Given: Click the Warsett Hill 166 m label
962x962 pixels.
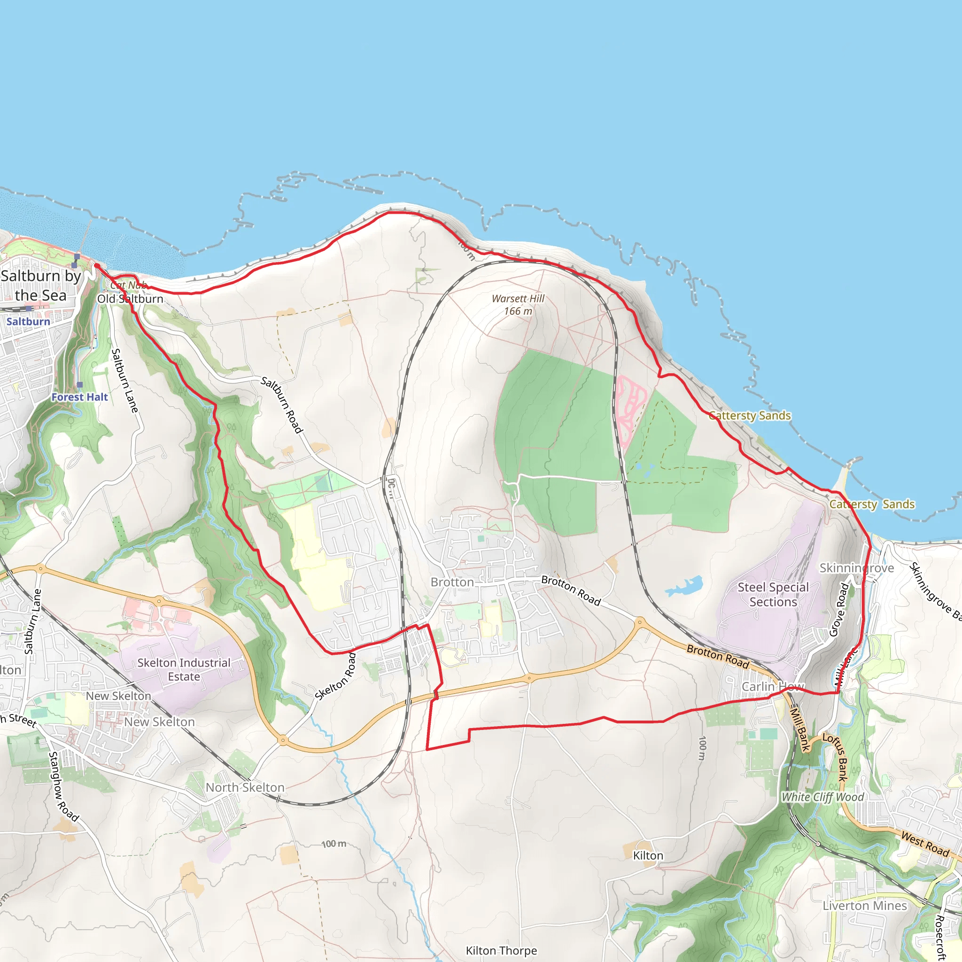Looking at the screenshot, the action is click(518, 305).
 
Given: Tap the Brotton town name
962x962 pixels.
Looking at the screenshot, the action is click(452, 582).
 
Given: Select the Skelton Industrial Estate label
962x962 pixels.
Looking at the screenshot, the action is click(184, 669).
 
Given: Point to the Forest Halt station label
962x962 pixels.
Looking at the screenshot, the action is click(80, 397).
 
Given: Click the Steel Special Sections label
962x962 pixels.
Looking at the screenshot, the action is click(773, 595).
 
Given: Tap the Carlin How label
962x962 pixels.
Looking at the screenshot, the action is click(773, 687).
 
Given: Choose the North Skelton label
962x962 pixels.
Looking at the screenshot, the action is click(245, 787).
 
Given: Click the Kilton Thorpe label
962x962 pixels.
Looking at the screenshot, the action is click(501, 951).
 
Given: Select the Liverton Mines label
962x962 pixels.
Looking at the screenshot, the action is click(865, 905).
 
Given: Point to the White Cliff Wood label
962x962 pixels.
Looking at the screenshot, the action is click(822, 797).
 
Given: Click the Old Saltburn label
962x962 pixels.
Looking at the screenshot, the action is click(130, 299).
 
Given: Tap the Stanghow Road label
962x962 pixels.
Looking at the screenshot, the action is click(63, 787).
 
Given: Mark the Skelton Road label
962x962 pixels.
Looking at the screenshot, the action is click(335, 677).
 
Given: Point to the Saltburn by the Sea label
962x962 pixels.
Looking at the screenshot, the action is click(41, 285).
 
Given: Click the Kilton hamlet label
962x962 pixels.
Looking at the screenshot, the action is click(648, 855).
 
